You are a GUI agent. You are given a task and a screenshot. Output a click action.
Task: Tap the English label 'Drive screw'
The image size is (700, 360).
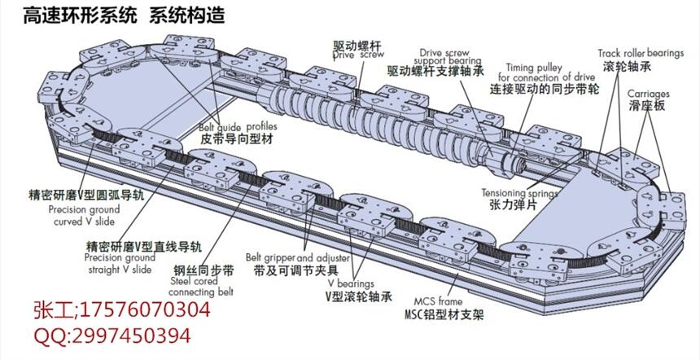pyautogui.click(x=357, y=55)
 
